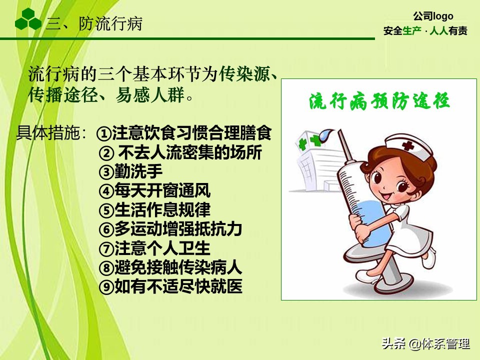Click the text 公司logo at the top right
pos(433,16)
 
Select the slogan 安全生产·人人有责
pos(425,31)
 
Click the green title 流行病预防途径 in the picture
pos(379,101)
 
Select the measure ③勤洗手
pos(131,172)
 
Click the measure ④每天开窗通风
pos(154,190)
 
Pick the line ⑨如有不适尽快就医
pos(170,286)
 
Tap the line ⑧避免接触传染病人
pos(170,267)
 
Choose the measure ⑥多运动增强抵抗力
pos(170,229)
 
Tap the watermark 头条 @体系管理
pos(425,344)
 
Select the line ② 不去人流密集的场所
pos(180,153)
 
